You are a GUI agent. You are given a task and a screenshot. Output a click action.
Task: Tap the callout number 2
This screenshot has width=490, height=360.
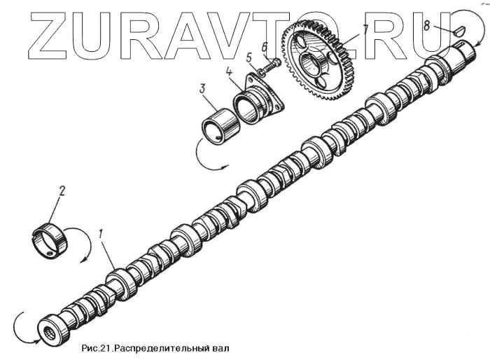click(x=62, y=191)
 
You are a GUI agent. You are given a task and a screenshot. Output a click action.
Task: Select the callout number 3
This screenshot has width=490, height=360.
click(x=202, y=90)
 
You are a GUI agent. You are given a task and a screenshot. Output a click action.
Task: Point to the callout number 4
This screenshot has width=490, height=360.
click(x=229, y=71)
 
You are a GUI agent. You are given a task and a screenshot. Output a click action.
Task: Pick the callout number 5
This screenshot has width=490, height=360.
click(x=249, y=58)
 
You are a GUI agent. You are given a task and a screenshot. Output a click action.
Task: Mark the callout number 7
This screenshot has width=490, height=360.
click(x=365, y=30)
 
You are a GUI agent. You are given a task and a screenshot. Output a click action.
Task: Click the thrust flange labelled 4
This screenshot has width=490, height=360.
click(x=257, y=102)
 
